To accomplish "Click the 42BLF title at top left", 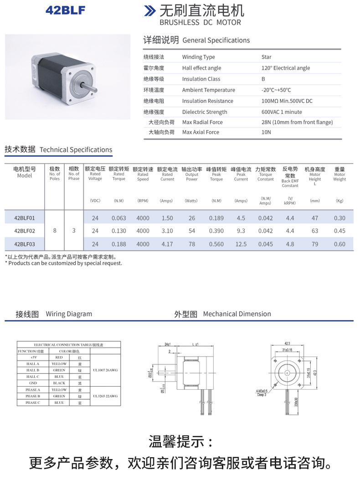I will [65, 10].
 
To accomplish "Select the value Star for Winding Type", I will [267, 57].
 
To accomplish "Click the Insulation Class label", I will [201, 79].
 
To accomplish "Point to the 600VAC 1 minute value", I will [282, 112].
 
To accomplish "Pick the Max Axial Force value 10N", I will [266, 132].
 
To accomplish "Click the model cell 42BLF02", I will [25, 231].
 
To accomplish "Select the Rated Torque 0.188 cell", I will [118, 244].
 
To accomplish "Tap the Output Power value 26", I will [192, 218].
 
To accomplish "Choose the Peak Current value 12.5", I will [241, 244].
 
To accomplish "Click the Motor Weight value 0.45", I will [339, 231].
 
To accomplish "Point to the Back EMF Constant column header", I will [290, 177].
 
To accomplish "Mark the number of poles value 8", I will [55, 230].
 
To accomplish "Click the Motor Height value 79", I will [315, 244].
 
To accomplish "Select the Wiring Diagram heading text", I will [69, 314].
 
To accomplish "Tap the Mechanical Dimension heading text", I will [237, 314].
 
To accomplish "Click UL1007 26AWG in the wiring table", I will [105, 370].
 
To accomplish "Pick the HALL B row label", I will [33, 370].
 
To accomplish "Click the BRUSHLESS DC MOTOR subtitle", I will [200, 22].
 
